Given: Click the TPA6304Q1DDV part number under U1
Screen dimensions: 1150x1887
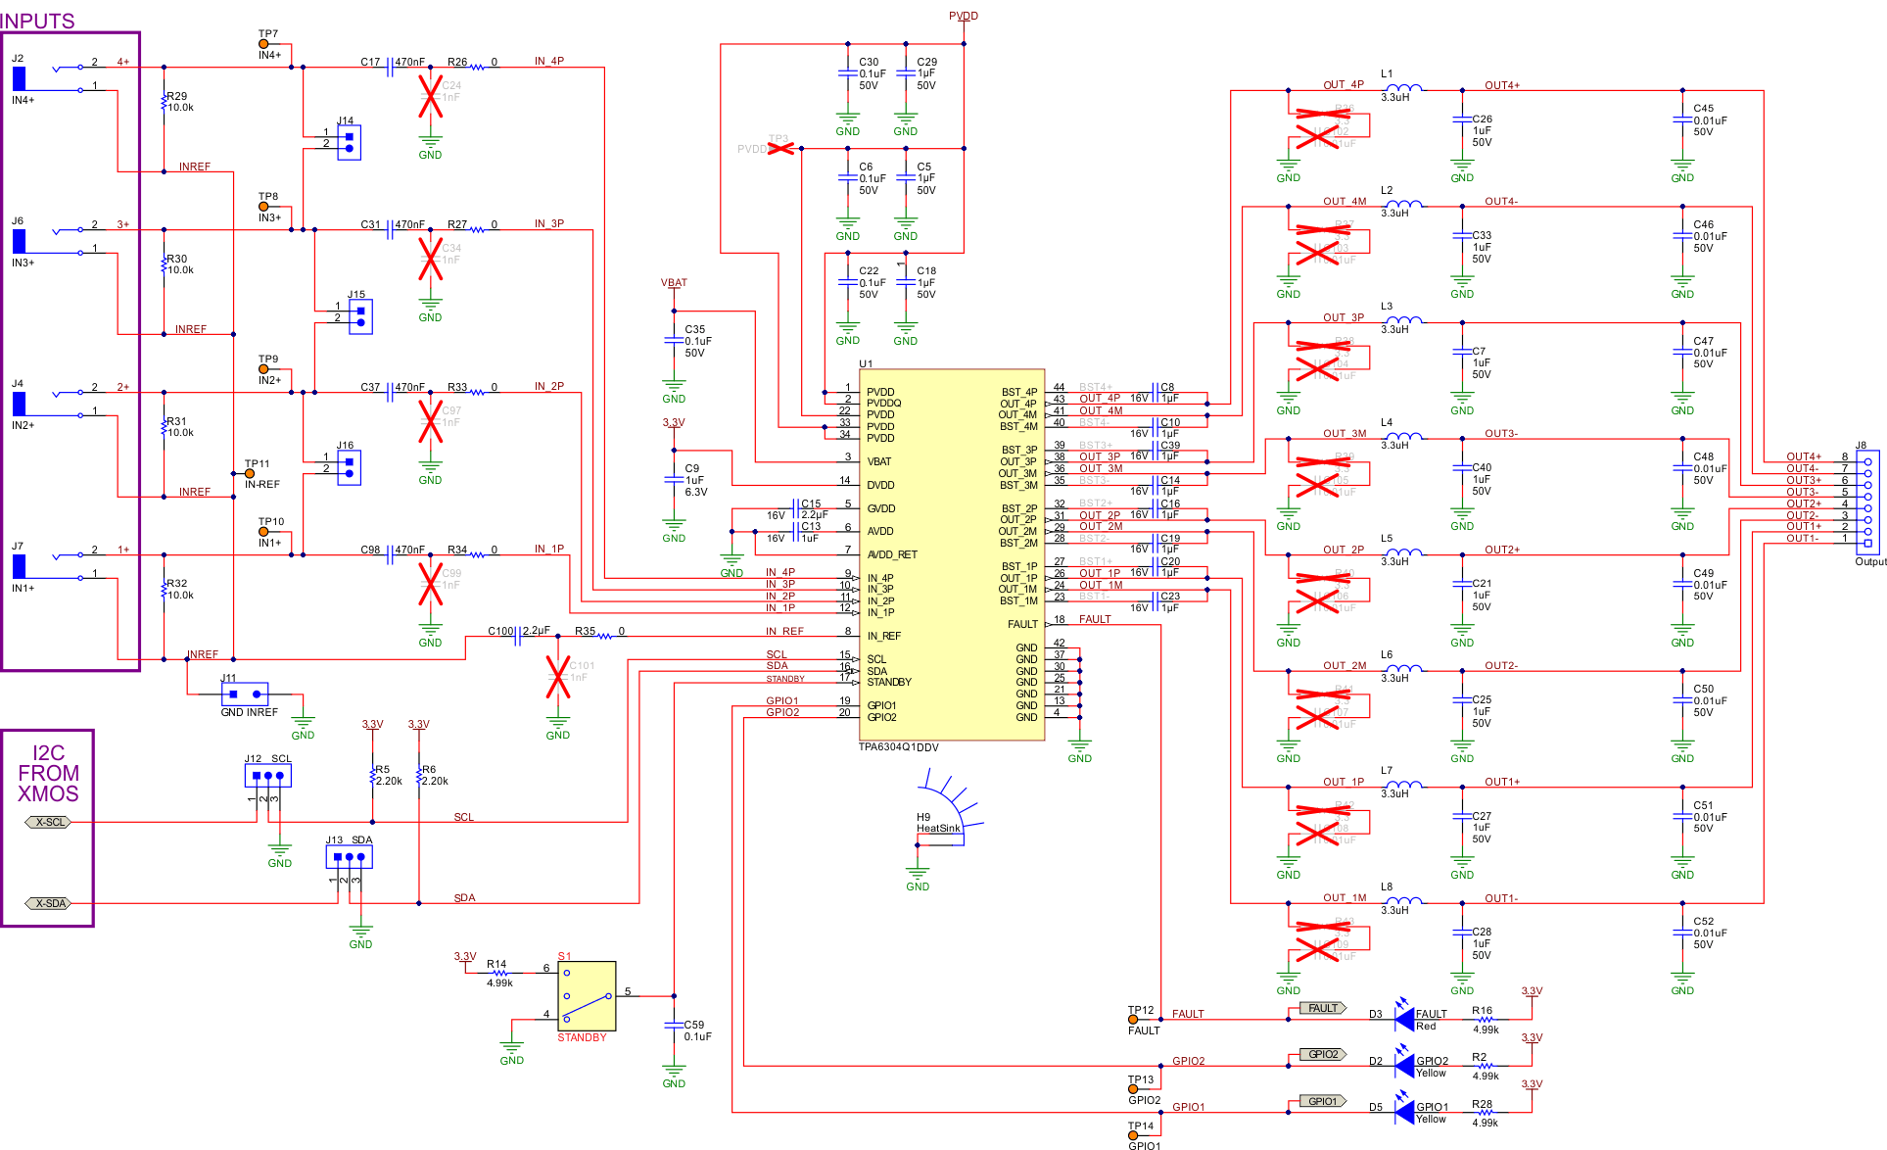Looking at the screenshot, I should point(898,747).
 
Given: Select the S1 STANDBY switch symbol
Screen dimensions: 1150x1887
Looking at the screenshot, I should point(587,995).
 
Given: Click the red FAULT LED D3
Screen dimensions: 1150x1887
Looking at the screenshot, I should point(1404,1019).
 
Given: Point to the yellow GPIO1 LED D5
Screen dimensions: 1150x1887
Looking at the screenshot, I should point(1404,1112).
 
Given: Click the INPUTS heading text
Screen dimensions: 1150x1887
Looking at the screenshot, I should point(37,21).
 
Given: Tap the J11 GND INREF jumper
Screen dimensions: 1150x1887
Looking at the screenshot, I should point(245,694).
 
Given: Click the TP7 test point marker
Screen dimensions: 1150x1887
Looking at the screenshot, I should point(263,44).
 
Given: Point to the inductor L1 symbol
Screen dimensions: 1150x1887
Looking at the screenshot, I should point(1403,88).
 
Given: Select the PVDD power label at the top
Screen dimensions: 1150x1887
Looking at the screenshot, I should point(963,16).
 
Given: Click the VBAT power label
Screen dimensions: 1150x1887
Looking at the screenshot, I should point(674,283).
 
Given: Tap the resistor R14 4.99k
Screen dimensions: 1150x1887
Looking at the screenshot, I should point(497,974).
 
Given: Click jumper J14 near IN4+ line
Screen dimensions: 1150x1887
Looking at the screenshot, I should point(349,142).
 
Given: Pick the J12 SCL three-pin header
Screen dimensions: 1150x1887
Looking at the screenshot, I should point(267,776).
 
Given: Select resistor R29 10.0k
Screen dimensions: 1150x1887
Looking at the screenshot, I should point(165,102).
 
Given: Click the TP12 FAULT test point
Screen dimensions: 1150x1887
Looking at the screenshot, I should point(1133,1020).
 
